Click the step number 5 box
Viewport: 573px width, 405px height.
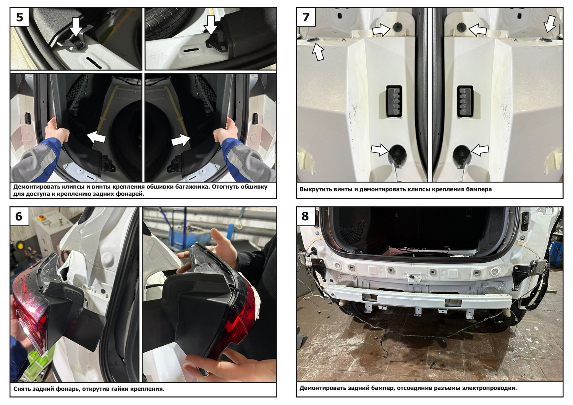[20, 17]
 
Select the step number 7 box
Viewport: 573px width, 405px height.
[306, 17]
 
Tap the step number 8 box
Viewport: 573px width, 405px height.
[306, 216]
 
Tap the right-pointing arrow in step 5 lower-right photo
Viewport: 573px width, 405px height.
[181, 140]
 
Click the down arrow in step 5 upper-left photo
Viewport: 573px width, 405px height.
[76, 27]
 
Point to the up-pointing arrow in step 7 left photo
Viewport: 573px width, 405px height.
[318, 52]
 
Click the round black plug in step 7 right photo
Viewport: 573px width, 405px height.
[461, 155]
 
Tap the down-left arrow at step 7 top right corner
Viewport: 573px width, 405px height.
[550, 24]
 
